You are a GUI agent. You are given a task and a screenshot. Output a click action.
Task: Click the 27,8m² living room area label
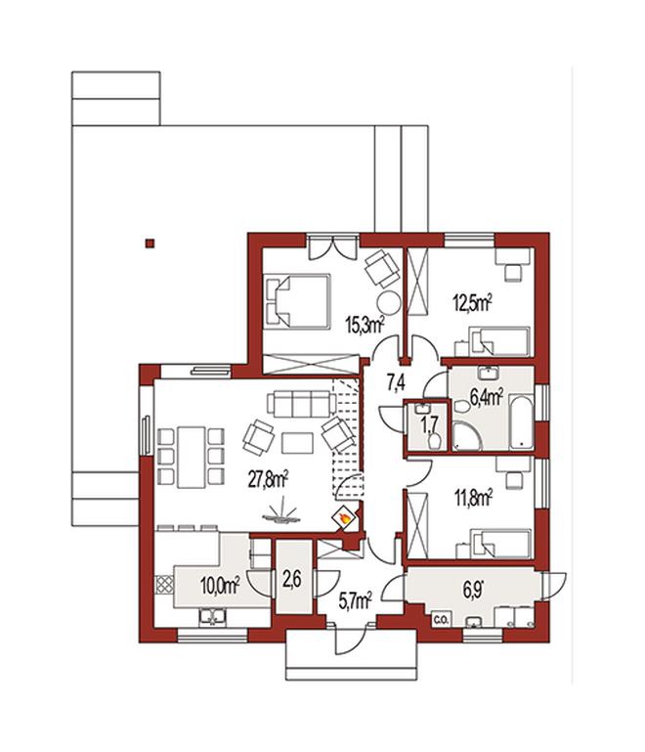click(x=268, y=479)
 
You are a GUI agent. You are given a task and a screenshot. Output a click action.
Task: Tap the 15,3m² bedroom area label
click(x=365, y=326)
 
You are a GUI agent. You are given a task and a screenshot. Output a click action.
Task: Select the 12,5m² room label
click(x=473, y=303)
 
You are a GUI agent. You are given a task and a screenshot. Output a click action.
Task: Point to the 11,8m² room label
click(x=473, y=498)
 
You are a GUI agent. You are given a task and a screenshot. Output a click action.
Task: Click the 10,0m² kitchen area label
click(x=220, y=586)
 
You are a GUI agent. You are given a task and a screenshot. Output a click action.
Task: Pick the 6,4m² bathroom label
click(x=486, y=398)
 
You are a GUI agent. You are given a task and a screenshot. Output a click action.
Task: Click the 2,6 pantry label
click(x=292, y=580)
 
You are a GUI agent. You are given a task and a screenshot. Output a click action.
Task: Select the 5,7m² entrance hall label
click(x=355, y=601)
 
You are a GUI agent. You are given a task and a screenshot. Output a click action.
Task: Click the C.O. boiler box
click(x=441, y=620)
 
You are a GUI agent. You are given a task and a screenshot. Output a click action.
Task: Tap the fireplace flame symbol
click(x=344, y=517)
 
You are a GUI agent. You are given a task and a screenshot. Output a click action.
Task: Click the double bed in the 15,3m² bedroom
click(x=297, y=301)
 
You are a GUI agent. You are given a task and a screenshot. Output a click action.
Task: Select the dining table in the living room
click(x=191, y=457)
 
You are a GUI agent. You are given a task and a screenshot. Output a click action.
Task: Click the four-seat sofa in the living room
click(x=300, y=403)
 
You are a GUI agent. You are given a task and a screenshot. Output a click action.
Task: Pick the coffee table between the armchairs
click(x=297, y=443)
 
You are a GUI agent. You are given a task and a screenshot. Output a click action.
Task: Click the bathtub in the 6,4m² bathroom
click(x=521, y=422)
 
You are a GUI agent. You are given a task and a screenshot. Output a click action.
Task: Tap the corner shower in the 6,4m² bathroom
click(x=466, y=436)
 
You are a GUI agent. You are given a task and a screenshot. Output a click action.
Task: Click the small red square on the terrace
click(x=150, y=243)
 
